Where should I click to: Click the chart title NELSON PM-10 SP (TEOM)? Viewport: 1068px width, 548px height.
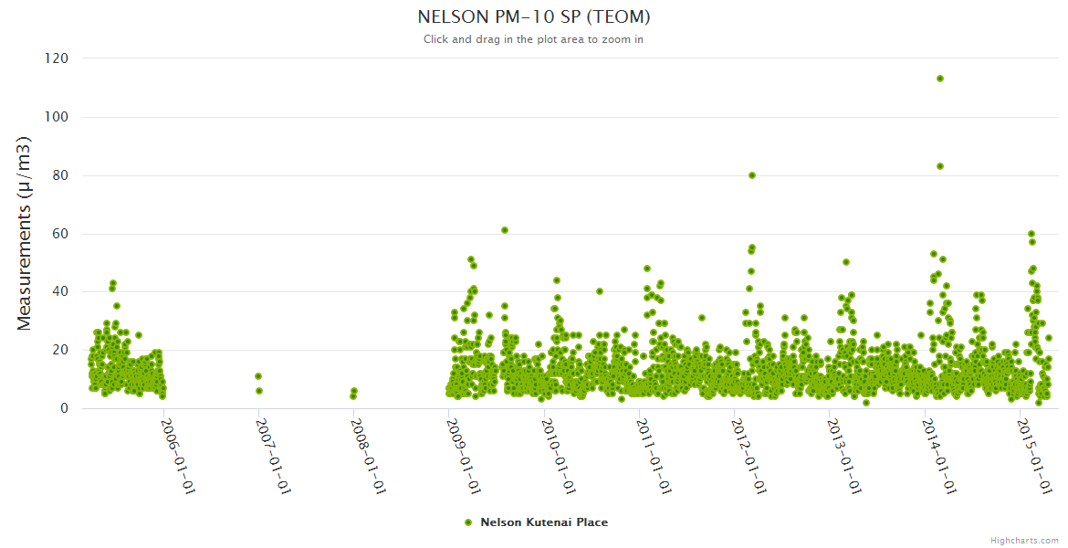coord(534,17)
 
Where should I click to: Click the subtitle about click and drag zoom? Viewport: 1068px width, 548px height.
coord(534,39)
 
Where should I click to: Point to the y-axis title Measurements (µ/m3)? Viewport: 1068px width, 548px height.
coord(25,233)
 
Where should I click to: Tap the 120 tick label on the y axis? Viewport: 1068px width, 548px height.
coord(56,58)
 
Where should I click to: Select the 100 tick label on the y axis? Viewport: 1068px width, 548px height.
coord(56,117)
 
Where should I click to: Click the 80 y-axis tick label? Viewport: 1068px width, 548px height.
coord(60,175)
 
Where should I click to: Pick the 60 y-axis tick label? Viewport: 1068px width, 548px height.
coord(60,234)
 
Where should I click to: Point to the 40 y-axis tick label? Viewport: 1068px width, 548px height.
coord(60,292)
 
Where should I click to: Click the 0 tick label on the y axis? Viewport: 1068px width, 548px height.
coord(64,409)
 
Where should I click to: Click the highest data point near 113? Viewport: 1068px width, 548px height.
coord(939,79)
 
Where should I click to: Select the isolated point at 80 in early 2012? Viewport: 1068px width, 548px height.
coord(751,175)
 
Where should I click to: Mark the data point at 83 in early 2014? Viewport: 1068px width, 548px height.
coord(939,166)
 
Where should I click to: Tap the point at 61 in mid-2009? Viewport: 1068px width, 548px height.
coord(504,230)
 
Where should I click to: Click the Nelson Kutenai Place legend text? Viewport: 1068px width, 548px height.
coord(544,522)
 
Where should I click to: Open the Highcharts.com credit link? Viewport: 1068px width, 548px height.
coord(1024,541)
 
